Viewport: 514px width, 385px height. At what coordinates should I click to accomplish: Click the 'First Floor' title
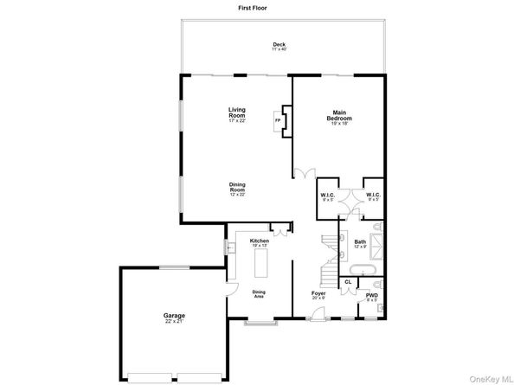pyautogui.click(x=256, y=8)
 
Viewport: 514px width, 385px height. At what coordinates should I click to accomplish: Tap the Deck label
pyautogui.click(x=279, y=47)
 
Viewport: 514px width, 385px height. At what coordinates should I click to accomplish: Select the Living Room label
pyautogui.click(x=238, y=112)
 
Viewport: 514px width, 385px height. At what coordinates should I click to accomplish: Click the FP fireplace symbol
pyautogui.click(x=278, y=120)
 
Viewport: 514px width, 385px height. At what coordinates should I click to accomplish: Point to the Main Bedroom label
pyautogui.click(x=340, y=116)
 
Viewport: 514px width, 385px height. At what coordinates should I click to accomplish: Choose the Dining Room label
pyautogui.click(x=238, y=187)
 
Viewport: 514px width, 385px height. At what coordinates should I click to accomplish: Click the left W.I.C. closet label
pyautogui.click(x=327, y=196)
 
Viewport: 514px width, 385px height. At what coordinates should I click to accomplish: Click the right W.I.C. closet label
pyautogui.click(x=373, y=196)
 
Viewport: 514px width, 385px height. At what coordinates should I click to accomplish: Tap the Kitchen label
pyautogui.click(x=259, y=241)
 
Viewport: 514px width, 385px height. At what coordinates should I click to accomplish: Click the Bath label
pyautogui.click(x=360, y=245)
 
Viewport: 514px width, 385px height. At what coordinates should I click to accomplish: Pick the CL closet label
pyautogui.click(x=348, y=282)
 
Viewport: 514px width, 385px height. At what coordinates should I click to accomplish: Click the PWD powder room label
pyautogui.click(x=372, y=297)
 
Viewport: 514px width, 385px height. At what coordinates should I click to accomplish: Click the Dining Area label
pyautogui.click(x=260, y=295)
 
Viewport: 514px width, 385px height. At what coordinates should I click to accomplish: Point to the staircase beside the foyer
pyautogui.click(x=328, y=260)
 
